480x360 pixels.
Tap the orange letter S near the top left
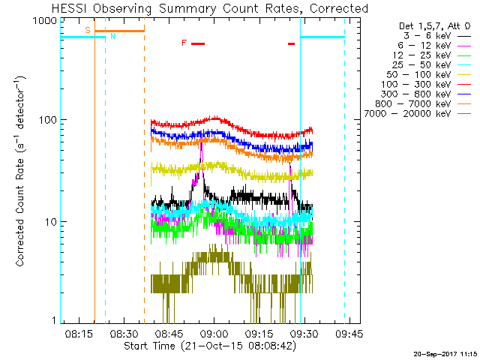coord(87,30)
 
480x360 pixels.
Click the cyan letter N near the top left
coord(112,35)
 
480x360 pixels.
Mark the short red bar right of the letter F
coord(198,43)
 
